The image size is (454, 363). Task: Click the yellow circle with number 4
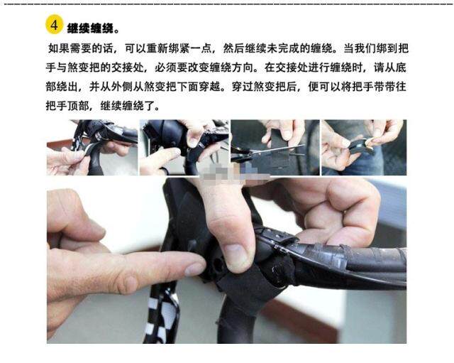(55, 25)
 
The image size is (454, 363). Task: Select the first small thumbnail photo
(92, 147)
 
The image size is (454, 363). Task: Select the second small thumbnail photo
(184, 147)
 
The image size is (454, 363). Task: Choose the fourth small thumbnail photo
(364, 147)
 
